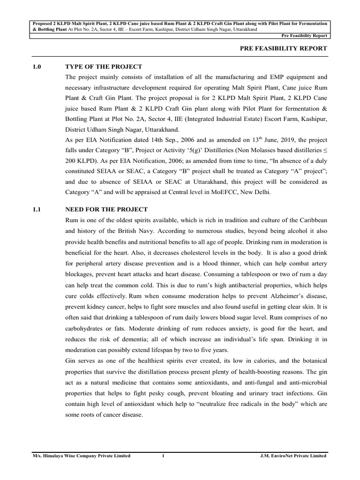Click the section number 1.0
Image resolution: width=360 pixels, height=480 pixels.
click(x=37, y=67)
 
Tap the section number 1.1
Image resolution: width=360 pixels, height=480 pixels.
click(x=37, y=209)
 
